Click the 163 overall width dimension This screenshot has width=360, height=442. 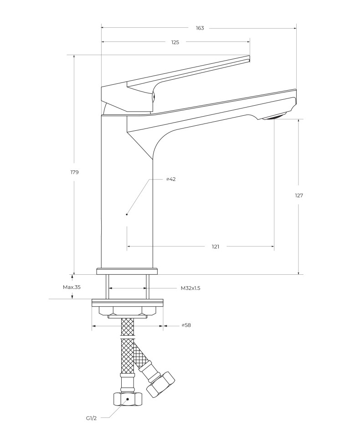(x=200, y=28)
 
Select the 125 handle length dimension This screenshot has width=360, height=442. (x=175, y=42)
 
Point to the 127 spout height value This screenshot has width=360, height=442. (x=299, y=195)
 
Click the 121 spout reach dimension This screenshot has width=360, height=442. (x=216, y=247)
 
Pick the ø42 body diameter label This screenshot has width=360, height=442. (x=171, y=179)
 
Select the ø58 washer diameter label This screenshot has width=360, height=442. (x=186, y=325)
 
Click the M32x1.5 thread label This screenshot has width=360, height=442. (x=190, y=288)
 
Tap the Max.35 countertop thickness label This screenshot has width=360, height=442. (x=72, y=287)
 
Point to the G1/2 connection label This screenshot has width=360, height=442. (x=91, y=418)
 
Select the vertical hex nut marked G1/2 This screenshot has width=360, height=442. (x=127, y=399)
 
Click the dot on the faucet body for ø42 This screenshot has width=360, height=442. (x=127, y=214)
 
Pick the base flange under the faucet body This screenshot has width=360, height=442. (x=127, y=272)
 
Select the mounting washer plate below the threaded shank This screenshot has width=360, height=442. (x=127, y=302)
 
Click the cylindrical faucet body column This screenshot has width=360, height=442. (x=127, y=191)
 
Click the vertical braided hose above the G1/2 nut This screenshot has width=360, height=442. (x=127, y=355)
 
